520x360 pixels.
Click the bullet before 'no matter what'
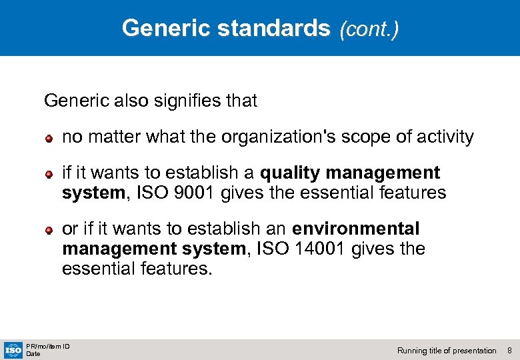(x=49, y=139)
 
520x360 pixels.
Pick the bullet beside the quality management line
(x=49, y=174)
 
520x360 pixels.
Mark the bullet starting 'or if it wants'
(x=49, y=230)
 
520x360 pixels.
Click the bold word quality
(x=290, y=173)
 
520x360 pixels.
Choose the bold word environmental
(x=356, y=229)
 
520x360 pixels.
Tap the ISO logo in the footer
(x=13, y=349)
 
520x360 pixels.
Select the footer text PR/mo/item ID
(x=48, y=346)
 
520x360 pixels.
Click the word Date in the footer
(x=33, y=354)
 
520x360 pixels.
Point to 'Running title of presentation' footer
(x=447, y=351)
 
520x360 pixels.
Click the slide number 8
(x=509, y=351)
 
